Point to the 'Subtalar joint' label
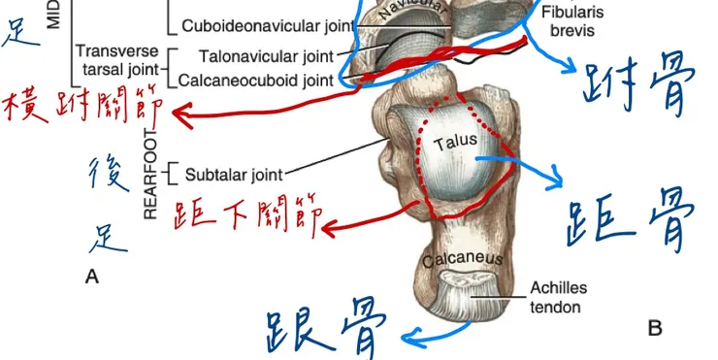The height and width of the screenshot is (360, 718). click(233, 175)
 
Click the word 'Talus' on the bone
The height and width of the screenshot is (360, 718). click(455, 142)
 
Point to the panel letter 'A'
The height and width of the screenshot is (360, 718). click(92, 278)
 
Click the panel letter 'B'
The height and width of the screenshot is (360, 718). click(655, 329)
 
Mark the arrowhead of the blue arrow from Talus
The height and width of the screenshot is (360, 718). click(558, 178)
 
